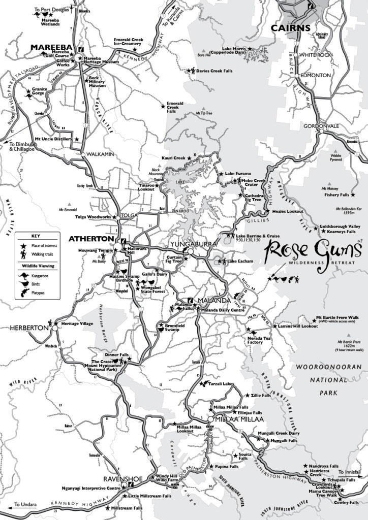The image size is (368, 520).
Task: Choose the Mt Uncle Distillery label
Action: [53, 138]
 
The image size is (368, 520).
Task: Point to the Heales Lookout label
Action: [288, 211]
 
